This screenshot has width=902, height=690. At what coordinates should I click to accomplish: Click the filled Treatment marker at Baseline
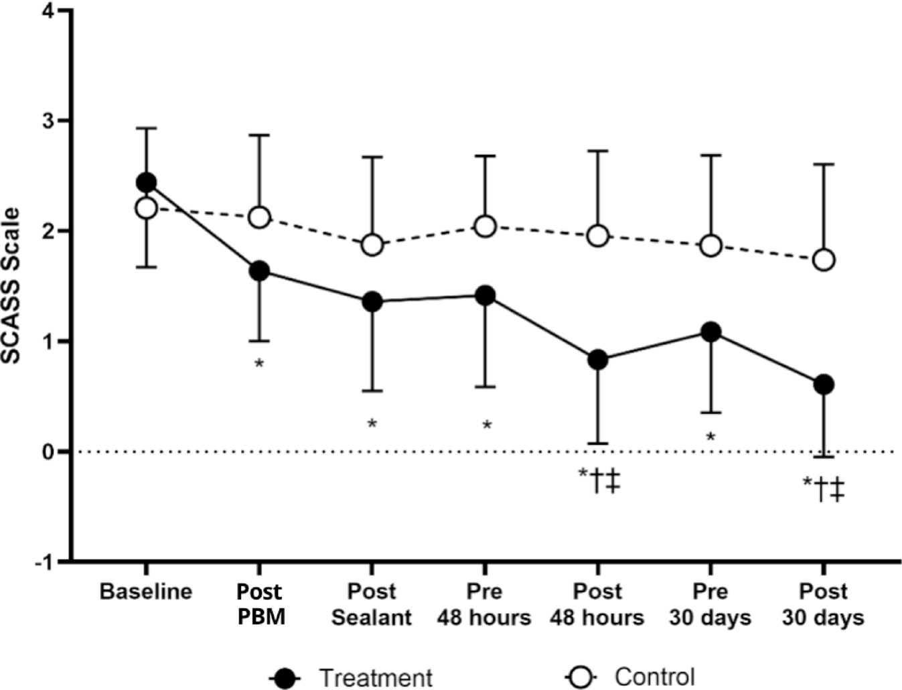146,182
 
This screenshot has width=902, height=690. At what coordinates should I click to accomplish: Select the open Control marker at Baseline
146,208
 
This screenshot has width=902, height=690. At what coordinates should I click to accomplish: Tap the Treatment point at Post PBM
259,271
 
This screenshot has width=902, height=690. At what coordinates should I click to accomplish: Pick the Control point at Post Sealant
372,245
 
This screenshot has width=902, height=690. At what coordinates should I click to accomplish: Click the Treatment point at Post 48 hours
598,360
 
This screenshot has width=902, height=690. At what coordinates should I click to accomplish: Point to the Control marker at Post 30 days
824,259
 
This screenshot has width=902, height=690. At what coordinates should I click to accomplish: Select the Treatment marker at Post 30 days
824,385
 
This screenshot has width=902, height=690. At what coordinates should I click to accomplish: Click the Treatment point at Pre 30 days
710,332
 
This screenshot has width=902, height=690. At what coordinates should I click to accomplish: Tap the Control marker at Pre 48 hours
485,226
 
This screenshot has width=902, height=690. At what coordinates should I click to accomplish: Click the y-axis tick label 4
47,11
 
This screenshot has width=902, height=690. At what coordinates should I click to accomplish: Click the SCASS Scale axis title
12,286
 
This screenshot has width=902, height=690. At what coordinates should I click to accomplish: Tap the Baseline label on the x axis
146,592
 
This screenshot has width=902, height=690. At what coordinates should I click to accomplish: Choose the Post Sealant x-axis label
372,604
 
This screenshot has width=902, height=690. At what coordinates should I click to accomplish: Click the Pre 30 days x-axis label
710,604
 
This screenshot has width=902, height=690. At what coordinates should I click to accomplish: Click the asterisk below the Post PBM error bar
259,364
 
